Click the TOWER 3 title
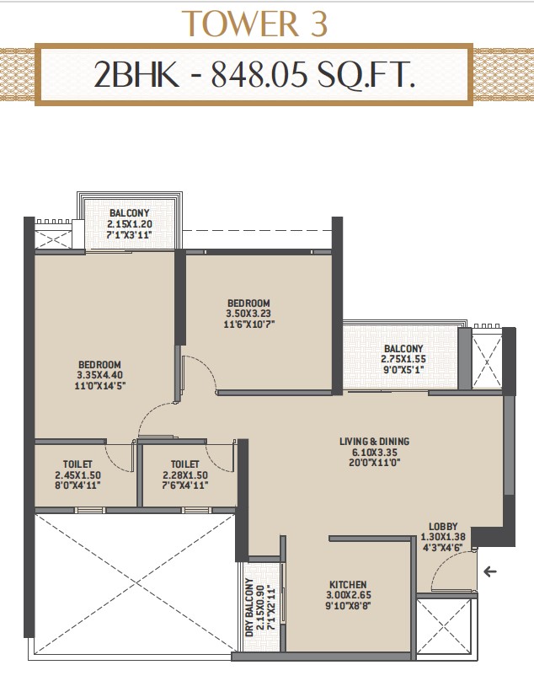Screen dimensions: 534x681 tap(254, 24)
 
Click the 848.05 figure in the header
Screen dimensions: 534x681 tap(259, 74)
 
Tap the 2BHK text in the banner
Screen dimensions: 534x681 tap(136, 74)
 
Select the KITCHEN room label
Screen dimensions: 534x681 tap(348, 585)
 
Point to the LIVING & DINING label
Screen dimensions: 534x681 tap(374, 442)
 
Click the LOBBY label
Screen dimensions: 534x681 tap(443, 527)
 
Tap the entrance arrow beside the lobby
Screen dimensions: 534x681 tap(490, 571)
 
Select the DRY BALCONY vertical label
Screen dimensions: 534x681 tap(248, 607)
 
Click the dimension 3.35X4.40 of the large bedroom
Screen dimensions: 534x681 tap(100, 375)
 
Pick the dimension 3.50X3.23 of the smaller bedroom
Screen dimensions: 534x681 tap(249, 314)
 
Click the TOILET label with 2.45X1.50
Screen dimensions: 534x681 tap(77, 464)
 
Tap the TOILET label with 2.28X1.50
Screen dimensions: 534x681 tap(185, 464)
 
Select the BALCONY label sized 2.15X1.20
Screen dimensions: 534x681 tap(130, 212)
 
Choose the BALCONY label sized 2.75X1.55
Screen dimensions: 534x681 tap(403, 348)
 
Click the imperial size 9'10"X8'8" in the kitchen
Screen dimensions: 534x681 tap(348, 605)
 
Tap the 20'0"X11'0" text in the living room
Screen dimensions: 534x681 tap(374, 462)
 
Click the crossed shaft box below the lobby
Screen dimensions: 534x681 tap(443, 626)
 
